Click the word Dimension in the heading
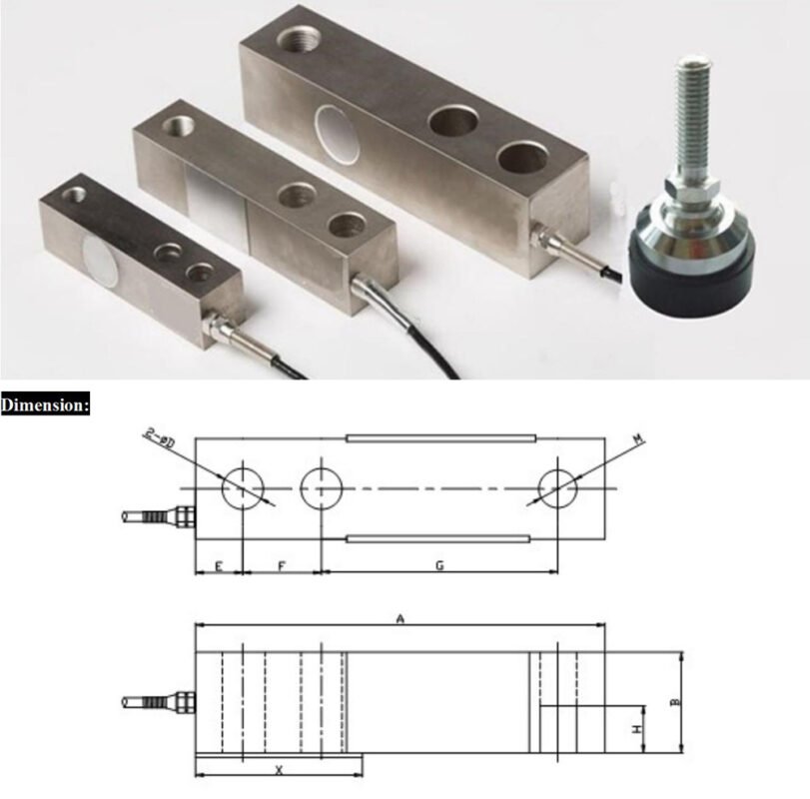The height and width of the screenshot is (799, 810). pyautogui.click(x=45, y=405)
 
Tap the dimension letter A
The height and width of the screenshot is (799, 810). pyautogui.click(x=400, y=619)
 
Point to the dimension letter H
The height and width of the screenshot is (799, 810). pyautogui.click(x=636, y=729)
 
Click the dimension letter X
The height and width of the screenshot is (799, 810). pyautogui.click(x=279, y=769)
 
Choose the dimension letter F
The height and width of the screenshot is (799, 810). pyautogui.click(x=282, y=565)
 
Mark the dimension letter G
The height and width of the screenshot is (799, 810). pyautogui.click(x=439, y=565)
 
